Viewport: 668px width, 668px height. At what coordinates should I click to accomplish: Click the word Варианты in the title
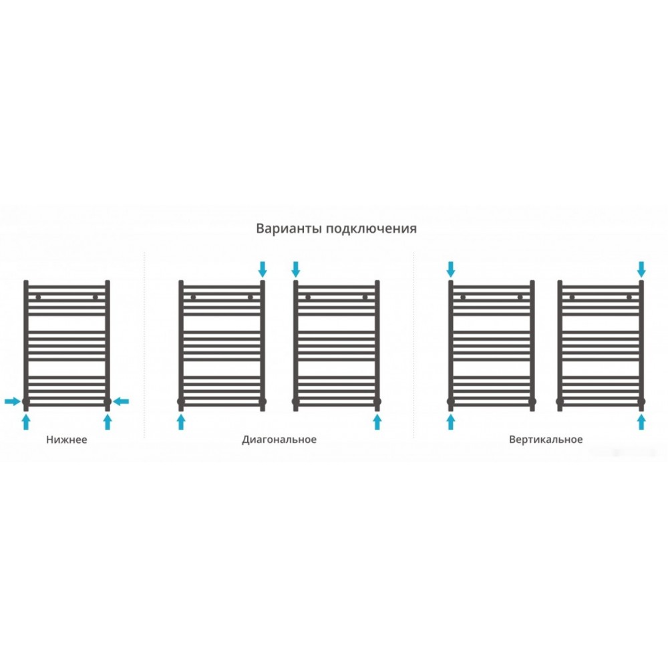pos(289,228)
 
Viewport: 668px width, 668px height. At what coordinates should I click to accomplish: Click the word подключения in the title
pos(371,229)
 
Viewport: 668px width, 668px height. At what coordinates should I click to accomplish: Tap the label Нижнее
pos(66,440)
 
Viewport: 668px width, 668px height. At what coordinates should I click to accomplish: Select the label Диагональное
pos(279,440)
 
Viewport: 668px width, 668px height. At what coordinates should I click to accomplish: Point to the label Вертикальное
pos(546,440)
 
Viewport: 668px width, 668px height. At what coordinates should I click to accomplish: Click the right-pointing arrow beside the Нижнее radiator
pos(12,401)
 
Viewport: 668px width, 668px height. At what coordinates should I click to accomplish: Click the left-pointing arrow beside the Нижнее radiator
pos(121,401)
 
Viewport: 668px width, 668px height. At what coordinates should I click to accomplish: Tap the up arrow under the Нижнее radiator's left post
pos(26,422)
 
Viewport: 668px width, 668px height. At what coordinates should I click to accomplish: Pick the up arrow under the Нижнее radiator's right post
pos(108,422)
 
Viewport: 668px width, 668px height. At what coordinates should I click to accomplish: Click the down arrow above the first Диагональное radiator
pos(263,269)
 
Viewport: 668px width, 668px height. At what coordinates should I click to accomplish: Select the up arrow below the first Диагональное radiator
pos(181,422)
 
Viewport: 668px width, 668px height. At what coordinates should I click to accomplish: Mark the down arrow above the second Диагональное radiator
pos(296,269)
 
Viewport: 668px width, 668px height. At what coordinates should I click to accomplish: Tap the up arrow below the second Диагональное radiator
pos(377,422)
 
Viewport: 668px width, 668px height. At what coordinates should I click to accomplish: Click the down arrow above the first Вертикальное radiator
pos(451,269)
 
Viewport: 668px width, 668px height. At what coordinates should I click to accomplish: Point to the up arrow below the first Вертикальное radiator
pos(451,422)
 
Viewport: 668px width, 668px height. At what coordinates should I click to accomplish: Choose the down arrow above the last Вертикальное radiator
pos(641,269)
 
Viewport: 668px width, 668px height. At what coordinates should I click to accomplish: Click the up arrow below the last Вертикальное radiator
pos(641,422)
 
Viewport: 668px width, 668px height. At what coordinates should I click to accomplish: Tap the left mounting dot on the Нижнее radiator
pos(38,297)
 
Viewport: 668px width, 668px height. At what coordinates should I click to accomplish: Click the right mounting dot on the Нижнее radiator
pos(95,297)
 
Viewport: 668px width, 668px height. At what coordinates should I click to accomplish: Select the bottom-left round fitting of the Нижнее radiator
pos(26,401)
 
